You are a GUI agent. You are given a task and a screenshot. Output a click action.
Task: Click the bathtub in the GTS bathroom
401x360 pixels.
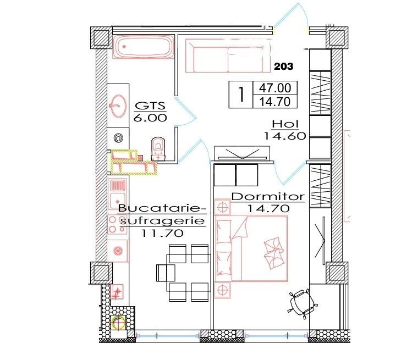(142, 47)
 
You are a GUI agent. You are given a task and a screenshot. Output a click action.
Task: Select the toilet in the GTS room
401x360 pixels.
(158, 148)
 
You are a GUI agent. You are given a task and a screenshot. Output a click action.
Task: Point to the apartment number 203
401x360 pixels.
(284, 67)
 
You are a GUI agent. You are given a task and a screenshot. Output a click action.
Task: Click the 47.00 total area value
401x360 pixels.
(275, 87)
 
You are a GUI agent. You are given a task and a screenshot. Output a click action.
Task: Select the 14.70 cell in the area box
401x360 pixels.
(275, 102)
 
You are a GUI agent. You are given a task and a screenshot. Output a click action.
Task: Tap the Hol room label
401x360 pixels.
(284, 124)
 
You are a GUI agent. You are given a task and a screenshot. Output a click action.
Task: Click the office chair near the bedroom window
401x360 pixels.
(302, 303)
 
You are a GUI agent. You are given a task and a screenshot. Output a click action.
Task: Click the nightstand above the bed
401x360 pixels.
(223, 208)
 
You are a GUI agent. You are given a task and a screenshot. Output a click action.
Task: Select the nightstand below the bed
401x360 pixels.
(223, 290)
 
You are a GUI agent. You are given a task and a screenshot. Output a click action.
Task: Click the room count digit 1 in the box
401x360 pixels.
(240, 94)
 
